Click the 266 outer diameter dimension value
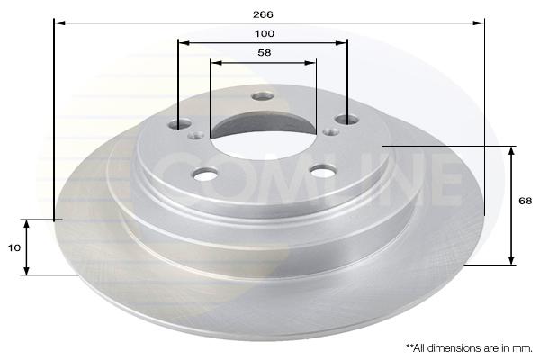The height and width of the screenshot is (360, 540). point(263,14)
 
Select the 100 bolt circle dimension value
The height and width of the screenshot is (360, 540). point(265,34)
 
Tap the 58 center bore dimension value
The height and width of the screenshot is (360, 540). point(265,53)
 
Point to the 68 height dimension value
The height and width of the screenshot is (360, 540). point(526,201)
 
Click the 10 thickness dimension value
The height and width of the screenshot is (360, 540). point(14,247)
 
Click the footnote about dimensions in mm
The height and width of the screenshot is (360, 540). point(469,348)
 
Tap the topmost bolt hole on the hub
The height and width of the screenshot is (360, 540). point(263,96)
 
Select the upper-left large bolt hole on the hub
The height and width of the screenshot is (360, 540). point(179,123)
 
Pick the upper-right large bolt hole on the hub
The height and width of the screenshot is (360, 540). point(347,120)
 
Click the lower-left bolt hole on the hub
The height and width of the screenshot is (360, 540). point(205,174)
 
